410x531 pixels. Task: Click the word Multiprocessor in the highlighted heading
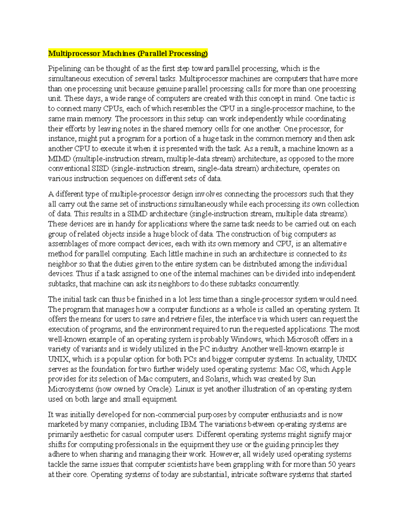74,53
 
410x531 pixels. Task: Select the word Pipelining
65,68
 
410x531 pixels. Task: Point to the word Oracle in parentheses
160,389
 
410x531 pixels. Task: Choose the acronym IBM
189,424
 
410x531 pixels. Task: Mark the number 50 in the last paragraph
332,464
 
